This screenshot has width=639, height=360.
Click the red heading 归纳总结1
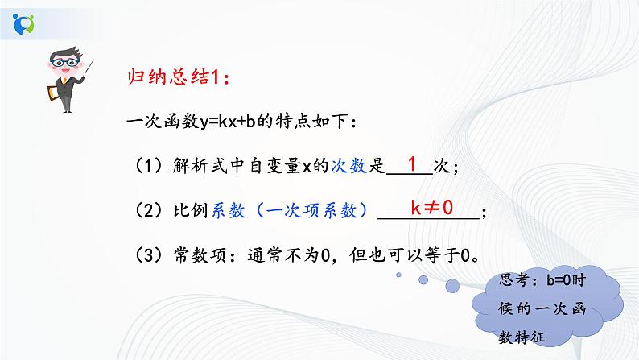click(180, 78)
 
